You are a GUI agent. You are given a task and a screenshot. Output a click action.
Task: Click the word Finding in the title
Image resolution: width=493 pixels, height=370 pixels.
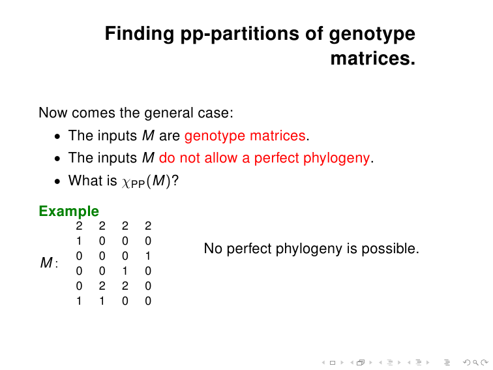tap(140, 34)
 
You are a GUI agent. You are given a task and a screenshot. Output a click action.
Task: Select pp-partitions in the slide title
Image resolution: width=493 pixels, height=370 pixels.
tap(239, 34)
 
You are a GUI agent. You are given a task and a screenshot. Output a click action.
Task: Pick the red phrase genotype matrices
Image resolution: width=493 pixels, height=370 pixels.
tap(245, 136)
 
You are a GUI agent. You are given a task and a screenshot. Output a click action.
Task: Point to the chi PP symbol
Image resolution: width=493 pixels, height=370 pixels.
tap(133, 183)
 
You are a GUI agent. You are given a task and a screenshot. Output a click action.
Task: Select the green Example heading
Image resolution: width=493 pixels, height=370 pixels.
tap(69, 211)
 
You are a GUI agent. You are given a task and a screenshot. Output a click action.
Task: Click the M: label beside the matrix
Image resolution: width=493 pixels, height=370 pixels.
tap(49, 263)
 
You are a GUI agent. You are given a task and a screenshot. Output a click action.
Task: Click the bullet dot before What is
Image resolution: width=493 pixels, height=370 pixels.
tap(57, 181)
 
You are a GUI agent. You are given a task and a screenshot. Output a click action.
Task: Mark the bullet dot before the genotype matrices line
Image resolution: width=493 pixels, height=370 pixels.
tap(57, 136)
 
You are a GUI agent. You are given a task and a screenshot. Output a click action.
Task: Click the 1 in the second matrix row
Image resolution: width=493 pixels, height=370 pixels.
tap(79, 241)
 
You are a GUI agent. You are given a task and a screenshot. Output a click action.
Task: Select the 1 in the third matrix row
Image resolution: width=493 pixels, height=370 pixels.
tap(148, 256)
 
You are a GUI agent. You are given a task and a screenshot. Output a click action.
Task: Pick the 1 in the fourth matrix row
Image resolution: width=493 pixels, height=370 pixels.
tap(125, 271)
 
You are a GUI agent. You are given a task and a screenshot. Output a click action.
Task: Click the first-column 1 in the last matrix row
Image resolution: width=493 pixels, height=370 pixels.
tap(79, 301)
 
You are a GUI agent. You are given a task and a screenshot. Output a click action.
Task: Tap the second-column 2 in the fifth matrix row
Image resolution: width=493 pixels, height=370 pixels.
tap(102, 286)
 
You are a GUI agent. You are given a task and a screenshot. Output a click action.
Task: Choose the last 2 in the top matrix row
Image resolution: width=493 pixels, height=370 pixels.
tap(148, 226)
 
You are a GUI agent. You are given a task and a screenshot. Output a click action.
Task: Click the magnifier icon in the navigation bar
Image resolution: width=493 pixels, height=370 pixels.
tap(475, 363)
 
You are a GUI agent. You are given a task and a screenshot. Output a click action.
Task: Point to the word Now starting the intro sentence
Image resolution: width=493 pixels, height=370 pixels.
tap(53, 113)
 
